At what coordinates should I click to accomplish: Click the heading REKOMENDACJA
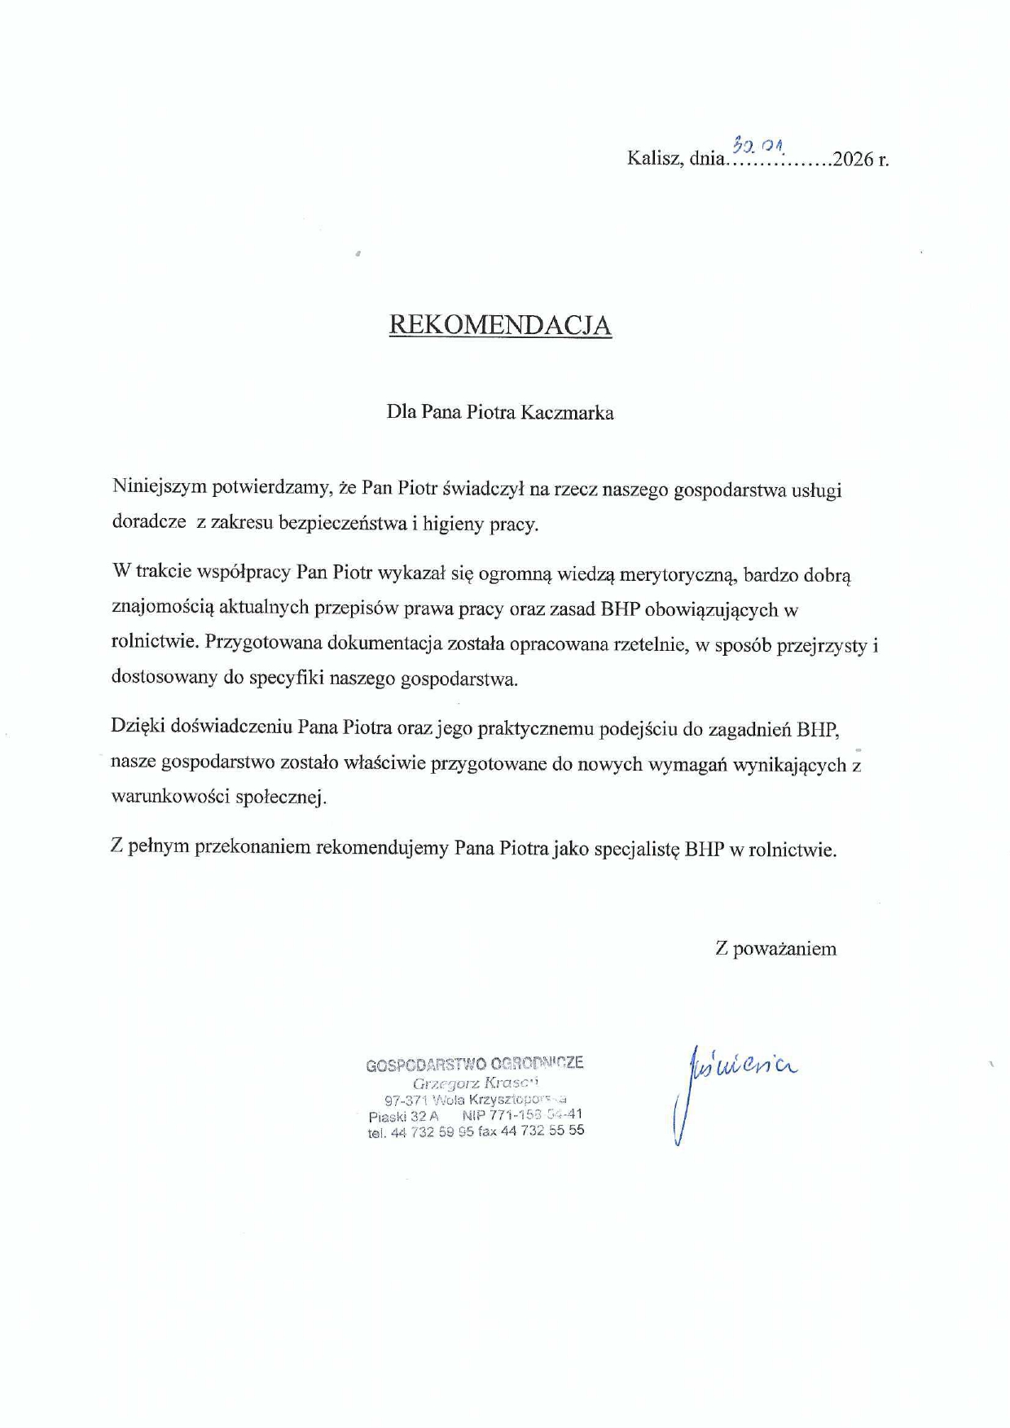tap(500, 324)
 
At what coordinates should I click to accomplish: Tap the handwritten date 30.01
tap(757, 146)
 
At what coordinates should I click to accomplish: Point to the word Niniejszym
tap(160, 489)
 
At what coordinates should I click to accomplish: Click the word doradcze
tap(149, 523)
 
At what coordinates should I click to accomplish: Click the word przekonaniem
tap(253, 847)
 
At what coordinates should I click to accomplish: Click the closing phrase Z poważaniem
tap(775, 948)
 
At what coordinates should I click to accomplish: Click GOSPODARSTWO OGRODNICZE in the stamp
tap(475, 1064)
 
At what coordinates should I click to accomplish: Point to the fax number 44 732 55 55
tap(542, 1131)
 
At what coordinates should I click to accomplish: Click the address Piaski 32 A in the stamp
tap(403, 1116)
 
